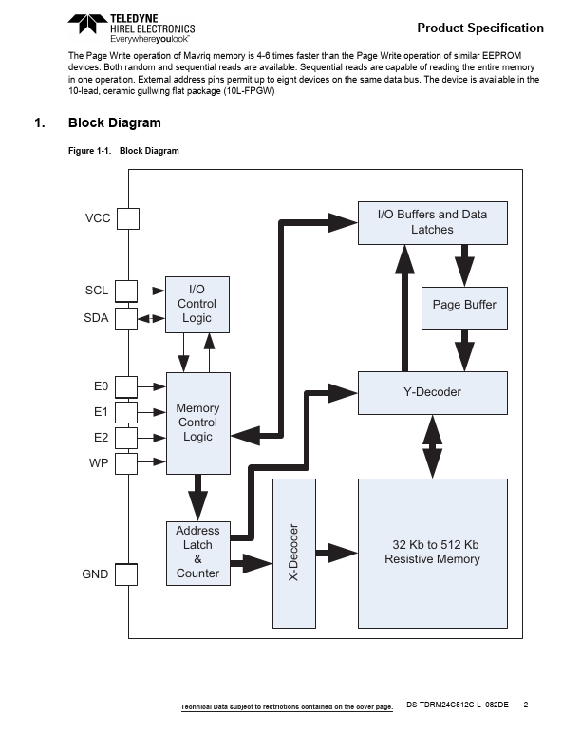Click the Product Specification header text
tap(480, 28)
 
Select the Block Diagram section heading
tap(114, 123)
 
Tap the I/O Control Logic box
tap(197, 304)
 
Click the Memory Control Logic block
tap(197, 423)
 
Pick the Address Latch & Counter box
tap(197, 552)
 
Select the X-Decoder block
tap(294, 554)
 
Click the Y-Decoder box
tap(433, 392)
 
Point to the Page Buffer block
tap(464, 306)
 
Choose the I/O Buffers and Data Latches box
tap(432, 222)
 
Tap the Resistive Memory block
tap(433, 553)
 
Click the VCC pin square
tap(126, 218)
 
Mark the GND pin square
tap(126, 574)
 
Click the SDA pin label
tap(96, 319)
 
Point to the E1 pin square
tap(126, 412)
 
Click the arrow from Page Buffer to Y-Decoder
tap(464, 350)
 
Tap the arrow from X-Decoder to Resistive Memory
tap(336, 552)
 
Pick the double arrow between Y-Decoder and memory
tap(433, 446)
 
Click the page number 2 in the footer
tap(526, 705)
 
